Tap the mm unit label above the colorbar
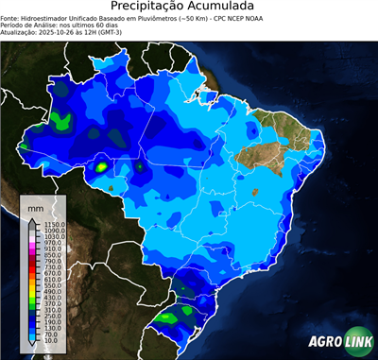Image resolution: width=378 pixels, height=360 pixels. [x=35, y=206]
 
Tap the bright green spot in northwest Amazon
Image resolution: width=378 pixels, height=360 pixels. [x=62, y=120]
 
